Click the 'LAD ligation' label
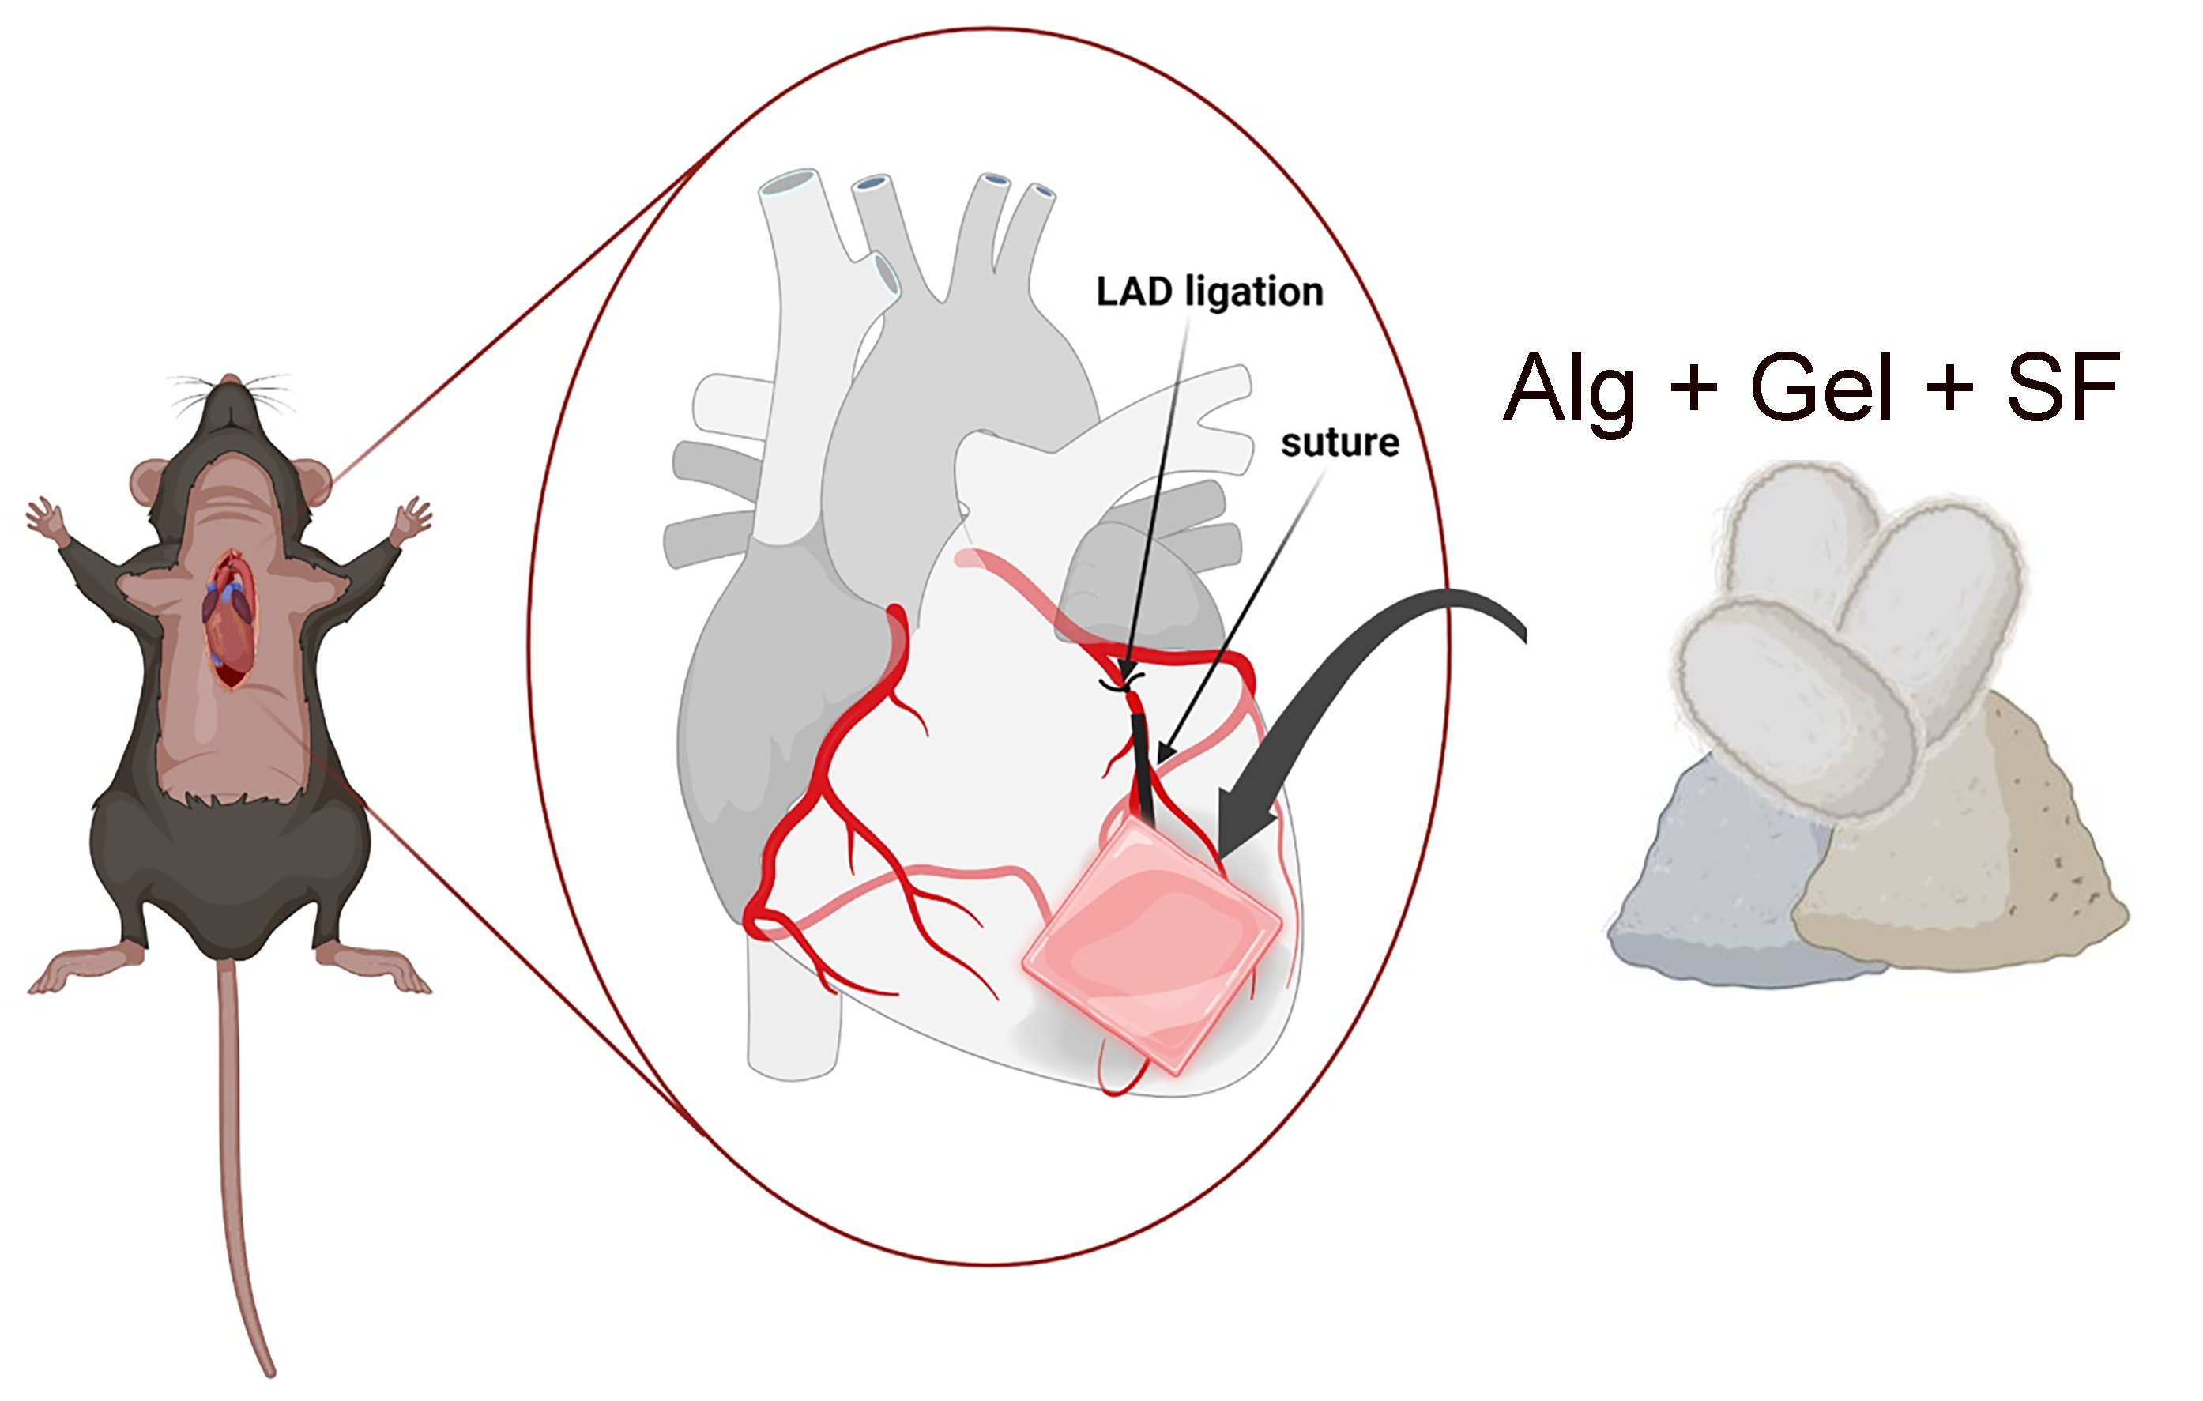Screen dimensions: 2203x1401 (1210, 292)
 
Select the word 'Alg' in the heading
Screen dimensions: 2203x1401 (1570, 388)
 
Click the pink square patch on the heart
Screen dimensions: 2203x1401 (1153, 944)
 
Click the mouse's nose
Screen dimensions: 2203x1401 (231, 378)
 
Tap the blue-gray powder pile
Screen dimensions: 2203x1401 (1720, 879)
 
